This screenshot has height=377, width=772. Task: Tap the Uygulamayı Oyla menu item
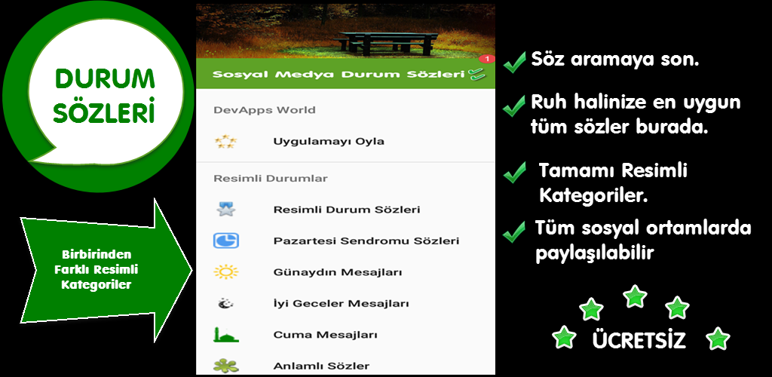click(x=329, y=142)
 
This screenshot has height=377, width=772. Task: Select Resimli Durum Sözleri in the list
click(x=347, y=210)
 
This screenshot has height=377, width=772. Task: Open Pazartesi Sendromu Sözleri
click(x=366, y=241)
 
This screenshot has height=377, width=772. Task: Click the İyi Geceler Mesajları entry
click(x=342, y=304)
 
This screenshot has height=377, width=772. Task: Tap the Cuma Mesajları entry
click(x=326, y=336)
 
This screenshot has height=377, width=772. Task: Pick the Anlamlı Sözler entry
click(x=321, y=366)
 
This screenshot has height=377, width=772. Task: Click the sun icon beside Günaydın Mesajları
click(x=226, y=272)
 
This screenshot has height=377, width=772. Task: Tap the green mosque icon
click(x=226, y=335)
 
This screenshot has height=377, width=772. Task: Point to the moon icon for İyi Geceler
click(x=226, y=304)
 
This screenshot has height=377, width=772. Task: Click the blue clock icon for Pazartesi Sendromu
click(x=226, y=241)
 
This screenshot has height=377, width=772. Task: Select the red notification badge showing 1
click(x=486, y=59)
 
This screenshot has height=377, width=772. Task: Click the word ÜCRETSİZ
click(x=639, y=340)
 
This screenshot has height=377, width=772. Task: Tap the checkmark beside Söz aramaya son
click(x=514, y=63)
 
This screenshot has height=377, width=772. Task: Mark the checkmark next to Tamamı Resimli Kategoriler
click(x=514, y=173)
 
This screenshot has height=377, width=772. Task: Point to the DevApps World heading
click(x=265, y=110)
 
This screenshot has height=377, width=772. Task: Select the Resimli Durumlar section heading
click(x=271, y=179)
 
